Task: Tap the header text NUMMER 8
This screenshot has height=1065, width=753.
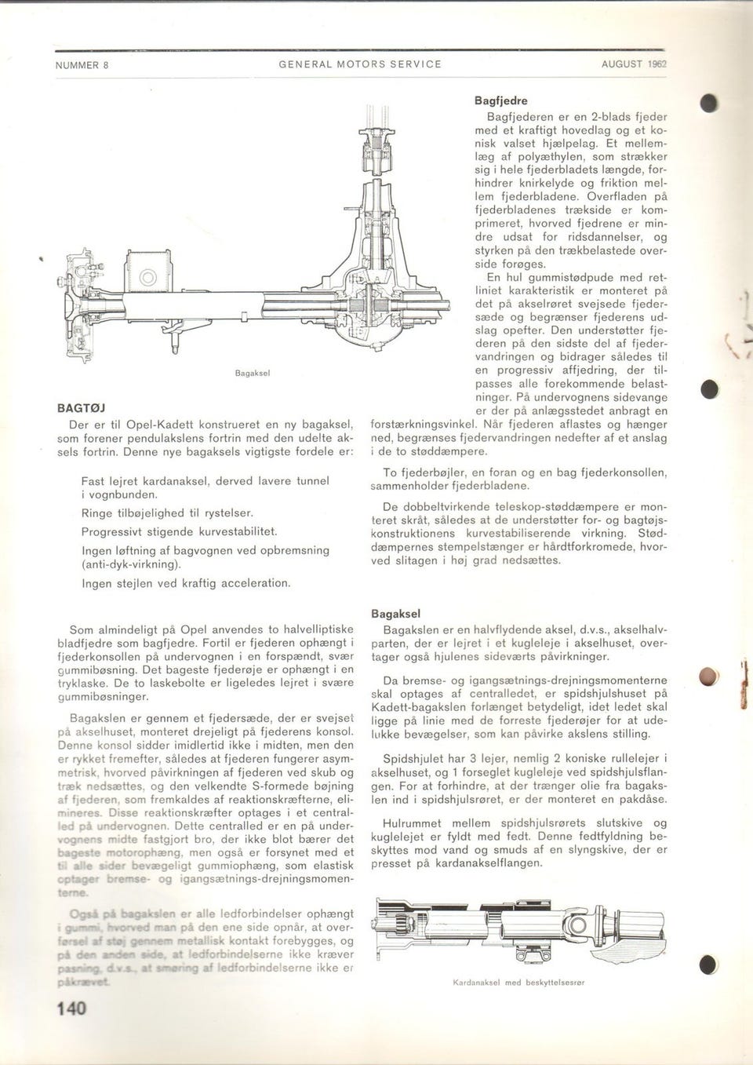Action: [82, 64]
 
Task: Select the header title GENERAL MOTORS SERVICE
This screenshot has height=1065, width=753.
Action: [360, 64]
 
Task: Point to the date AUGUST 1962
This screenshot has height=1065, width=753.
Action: [633, 64]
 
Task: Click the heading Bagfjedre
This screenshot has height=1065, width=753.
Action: [501, 101]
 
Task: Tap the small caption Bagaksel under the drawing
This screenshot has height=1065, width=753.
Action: [253, 374]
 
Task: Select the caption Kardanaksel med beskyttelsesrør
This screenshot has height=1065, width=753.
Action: [518, 982]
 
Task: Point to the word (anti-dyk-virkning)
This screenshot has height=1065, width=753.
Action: [132, 564]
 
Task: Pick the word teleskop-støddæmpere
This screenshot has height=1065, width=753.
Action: [533, 507]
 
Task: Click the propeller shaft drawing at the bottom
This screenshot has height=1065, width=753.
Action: [517, 931]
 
